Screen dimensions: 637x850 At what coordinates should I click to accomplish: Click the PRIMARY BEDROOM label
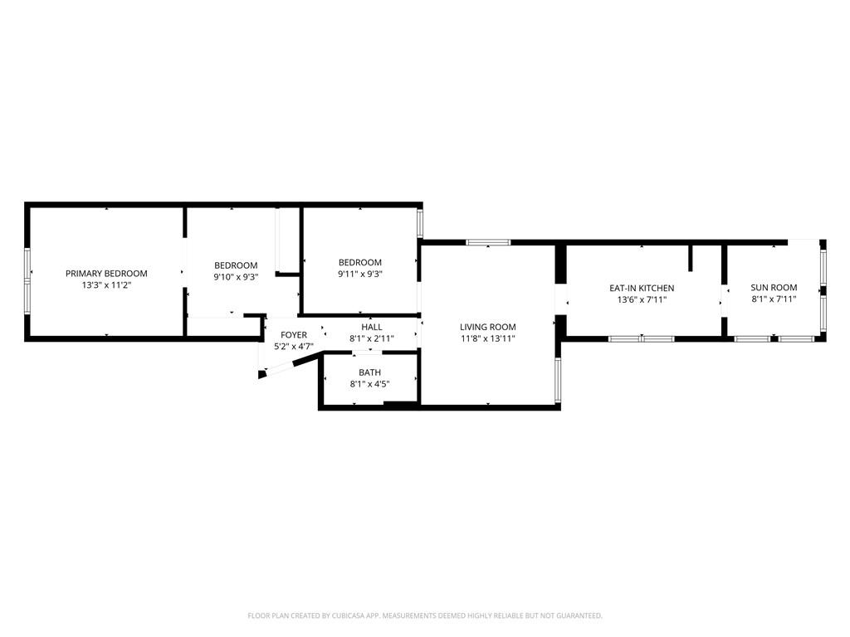pos(106,274)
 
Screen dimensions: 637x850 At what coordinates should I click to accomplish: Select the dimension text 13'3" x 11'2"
pos(106,284)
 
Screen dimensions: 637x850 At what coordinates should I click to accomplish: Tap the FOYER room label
pos(293,335)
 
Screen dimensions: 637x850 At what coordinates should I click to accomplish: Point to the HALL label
pos(371,328)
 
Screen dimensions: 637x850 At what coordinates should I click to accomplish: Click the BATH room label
pos(369,372)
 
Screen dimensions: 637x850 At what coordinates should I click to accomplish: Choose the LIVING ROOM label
pos(488,328)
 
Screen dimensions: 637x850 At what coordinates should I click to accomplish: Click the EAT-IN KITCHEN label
pos(641,288)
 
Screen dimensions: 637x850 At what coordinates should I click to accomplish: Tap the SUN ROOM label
pos(774,288)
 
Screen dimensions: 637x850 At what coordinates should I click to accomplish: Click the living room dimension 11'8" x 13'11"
pos(488,338)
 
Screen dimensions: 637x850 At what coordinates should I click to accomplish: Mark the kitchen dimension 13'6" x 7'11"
pos(641,299)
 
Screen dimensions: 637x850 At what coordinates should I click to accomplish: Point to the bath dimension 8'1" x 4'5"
pos(369,383)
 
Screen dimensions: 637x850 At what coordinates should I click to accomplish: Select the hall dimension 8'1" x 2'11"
pos(371,338)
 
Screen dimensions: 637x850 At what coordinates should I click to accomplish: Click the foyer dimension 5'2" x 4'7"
pos(293,346)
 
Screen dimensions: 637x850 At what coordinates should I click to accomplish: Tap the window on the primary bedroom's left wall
pos(27,280)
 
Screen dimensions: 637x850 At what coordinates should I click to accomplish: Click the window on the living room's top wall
pos(487,242)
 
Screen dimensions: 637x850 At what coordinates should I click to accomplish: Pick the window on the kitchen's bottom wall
pos(641,338)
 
